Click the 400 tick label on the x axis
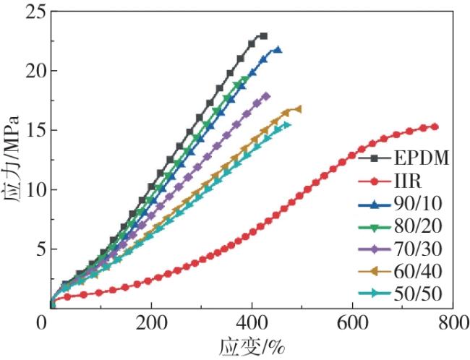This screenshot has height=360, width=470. [252, 322]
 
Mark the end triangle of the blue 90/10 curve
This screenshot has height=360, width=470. [278, 50]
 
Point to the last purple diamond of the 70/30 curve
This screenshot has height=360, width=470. [266, 95]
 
